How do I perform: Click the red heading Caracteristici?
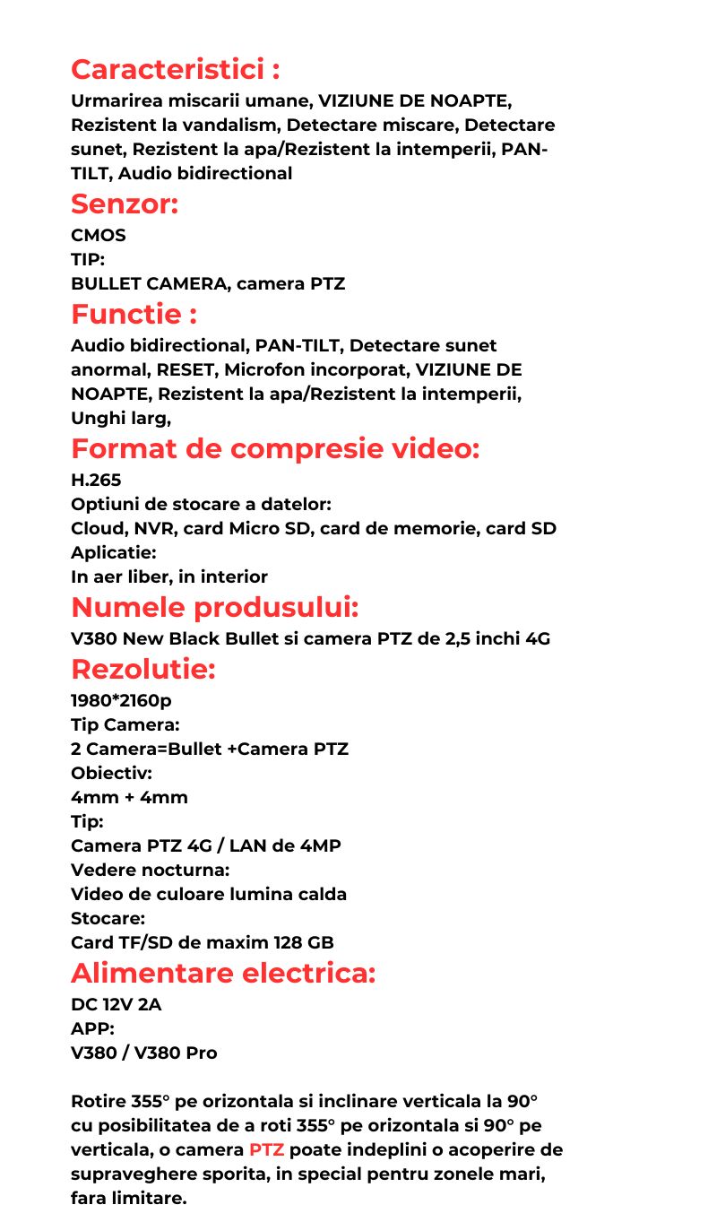175,69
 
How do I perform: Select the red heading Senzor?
125,204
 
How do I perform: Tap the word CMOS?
99,236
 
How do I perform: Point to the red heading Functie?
134,315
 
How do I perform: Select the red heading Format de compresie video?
275,448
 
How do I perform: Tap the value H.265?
96,481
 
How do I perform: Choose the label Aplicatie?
114,553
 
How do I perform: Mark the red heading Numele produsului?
215,607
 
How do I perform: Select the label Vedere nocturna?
151,870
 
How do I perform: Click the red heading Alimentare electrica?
223,973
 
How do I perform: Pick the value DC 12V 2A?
117,1005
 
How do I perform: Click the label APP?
92,1029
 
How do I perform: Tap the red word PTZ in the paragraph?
266,1150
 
